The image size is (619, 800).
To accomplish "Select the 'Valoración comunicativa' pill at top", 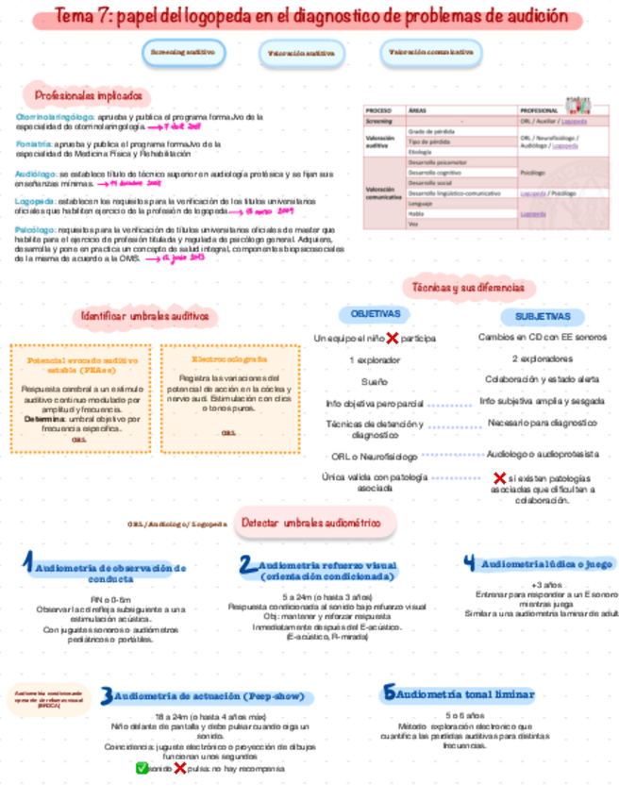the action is coord(431,53).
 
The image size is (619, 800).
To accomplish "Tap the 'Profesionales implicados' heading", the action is coord(88,96).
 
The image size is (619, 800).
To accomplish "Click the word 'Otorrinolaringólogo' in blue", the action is coord(47,117).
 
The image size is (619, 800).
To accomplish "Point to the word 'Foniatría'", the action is coord(33,144).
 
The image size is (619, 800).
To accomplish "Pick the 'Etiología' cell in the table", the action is coord(420,151).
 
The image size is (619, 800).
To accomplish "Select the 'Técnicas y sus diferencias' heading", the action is coord(468,287).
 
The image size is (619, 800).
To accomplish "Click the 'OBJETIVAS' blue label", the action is coord(375,314).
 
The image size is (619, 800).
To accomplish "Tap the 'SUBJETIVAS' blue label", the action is coord(542,317).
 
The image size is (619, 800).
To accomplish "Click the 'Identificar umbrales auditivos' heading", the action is coord(144,316).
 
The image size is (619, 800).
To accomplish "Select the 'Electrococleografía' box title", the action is coord(229,359).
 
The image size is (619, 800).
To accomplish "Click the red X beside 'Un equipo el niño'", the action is coord(392,338).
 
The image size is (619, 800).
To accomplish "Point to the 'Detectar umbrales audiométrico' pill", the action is coord(315,522).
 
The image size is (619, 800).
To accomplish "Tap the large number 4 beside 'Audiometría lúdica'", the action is coord(469,563).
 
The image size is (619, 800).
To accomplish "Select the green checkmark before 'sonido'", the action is coord(142,768).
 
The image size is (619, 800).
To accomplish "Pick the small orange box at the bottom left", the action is coord(48,700).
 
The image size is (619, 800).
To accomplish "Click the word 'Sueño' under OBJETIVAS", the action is coord(374,382).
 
